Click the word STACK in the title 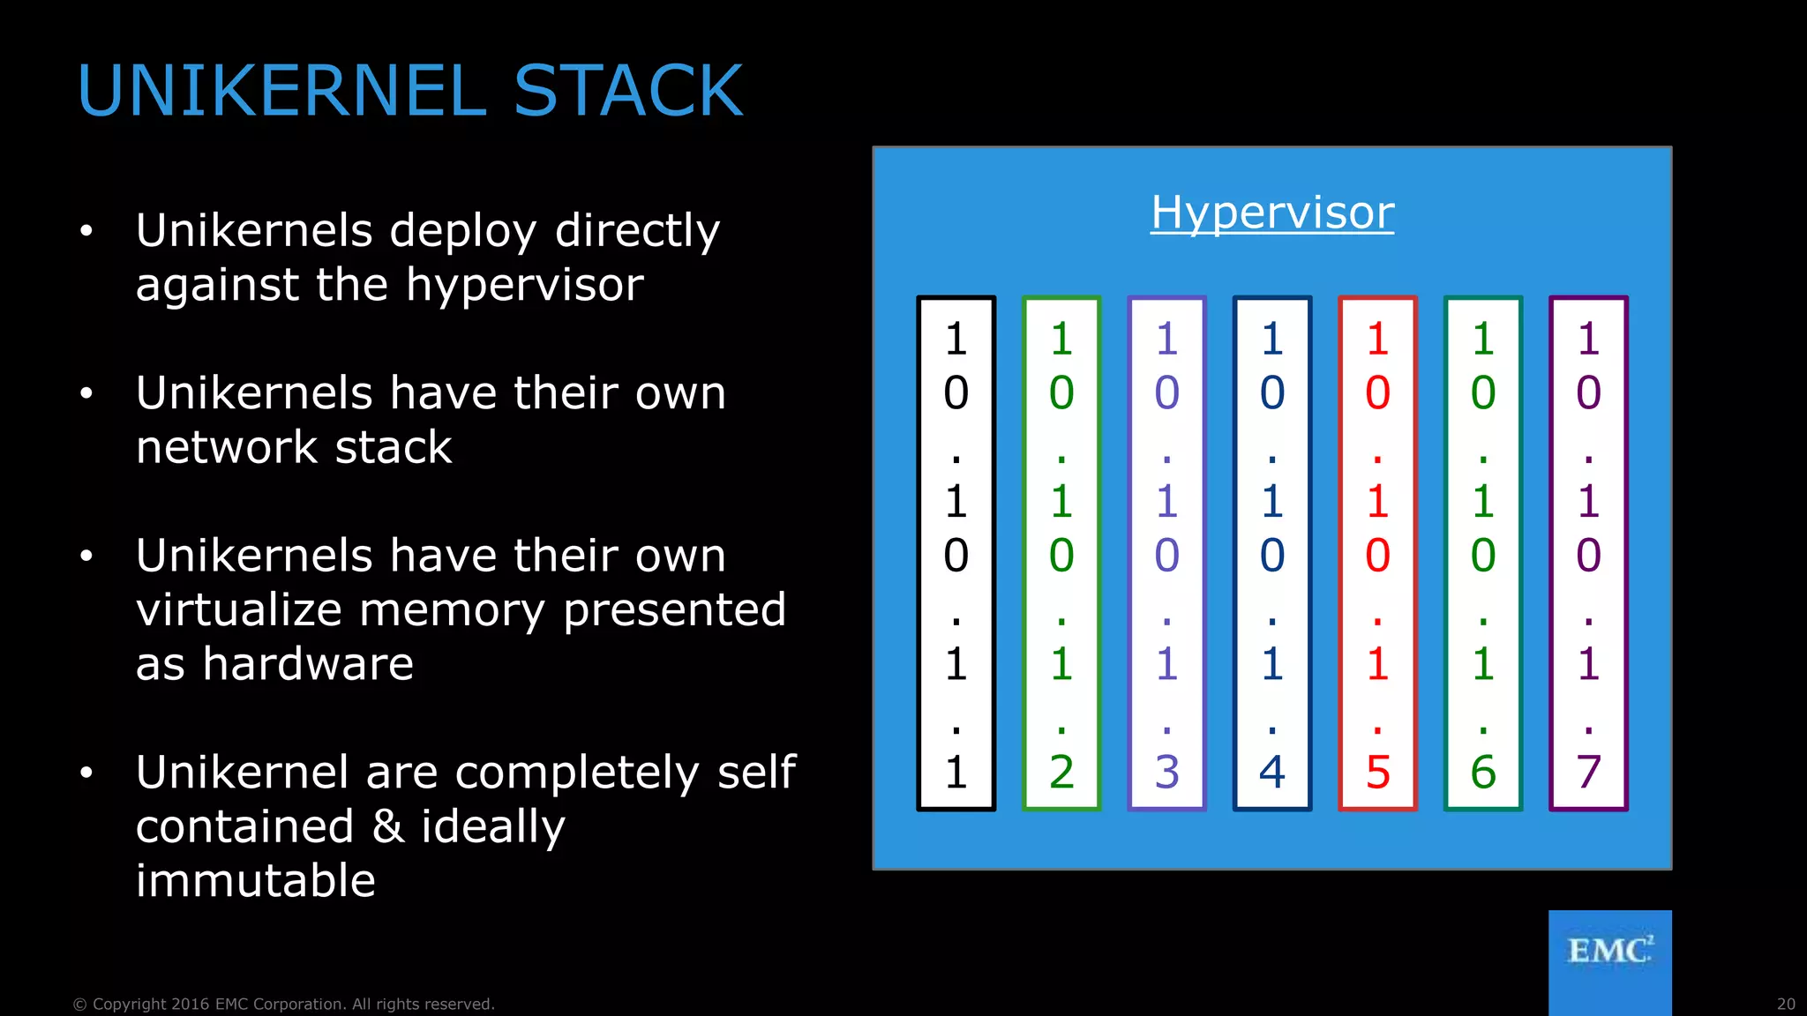(628, 91)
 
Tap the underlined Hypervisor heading (1272, 213)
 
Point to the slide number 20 (1786, 1004)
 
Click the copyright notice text (283, 1004)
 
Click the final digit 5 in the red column (1377, 773)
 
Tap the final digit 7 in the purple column (1588, 773)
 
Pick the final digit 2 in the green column (1061, 773)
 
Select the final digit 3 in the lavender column (1166, 773)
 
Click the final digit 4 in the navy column (1271, 773)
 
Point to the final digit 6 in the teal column (1483, 773)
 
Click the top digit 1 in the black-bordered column (956, 340)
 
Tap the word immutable (256, 881)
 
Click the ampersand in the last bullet (387, 826)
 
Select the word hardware (308, 664)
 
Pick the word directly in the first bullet (637, 232)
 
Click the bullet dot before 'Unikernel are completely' (86, 773)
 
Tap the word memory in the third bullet (452, 610)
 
